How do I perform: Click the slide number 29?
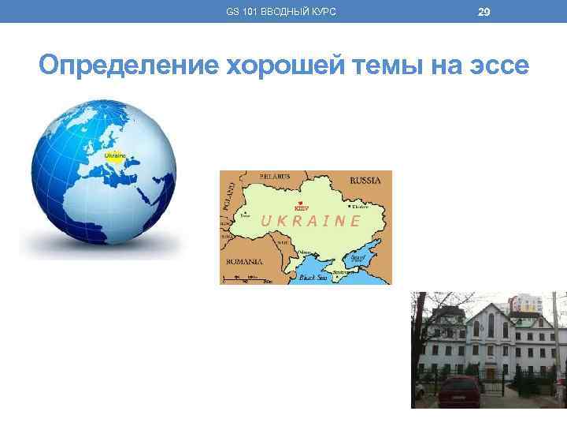pos(484,11)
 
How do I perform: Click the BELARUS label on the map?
pos(272,176)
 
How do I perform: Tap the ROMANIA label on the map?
pos(245,260)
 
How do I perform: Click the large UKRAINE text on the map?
pos(310,221)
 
